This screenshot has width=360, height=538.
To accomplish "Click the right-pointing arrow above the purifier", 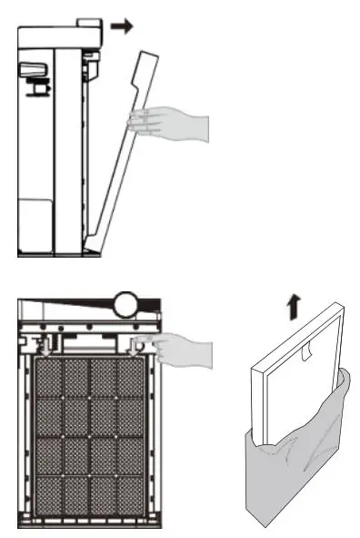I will click(121, 26).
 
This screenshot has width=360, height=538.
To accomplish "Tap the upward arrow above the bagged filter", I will click(293, 309).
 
